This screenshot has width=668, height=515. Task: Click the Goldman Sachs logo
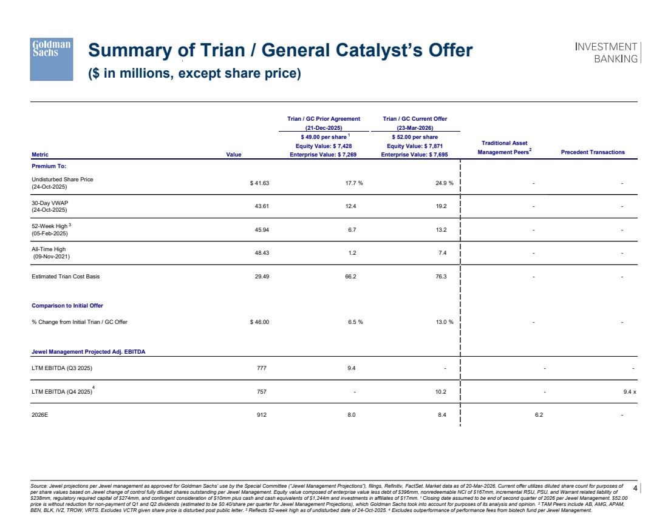tap(52, 58)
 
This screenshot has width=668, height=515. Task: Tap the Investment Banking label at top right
tap(606, 53)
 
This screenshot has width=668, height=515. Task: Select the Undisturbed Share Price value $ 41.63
tap(259, 183)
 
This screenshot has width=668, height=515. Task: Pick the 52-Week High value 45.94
tap(260, 230)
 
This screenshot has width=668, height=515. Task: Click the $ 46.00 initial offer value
tap(259, 322)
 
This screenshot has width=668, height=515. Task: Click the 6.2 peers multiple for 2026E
tap(538, 416)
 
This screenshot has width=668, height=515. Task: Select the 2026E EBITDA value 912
tap(262, 416)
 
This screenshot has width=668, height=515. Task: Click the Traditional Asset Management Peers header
tap(505, 147)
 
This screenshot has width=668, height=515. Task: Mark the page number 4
tap(635, 488)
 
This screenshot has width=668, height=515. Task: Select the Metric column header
tap(41, 153)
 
